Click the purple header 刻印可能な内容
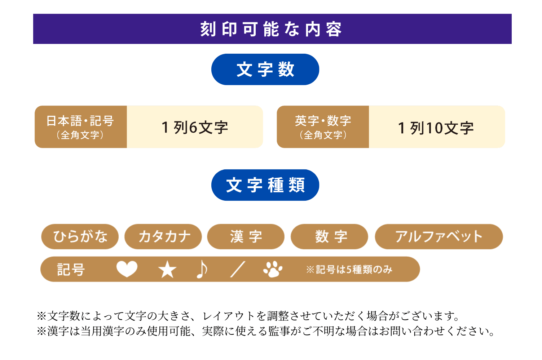click(x=272, y=29)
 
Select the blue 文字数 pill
click(x=265, y=70)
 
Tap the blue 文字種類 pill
click(x=265, y=185)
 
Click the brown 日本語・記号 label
click(x=80, y=127)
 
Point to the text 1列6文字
click(x=195, y=128)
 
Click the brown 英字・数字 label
click(x=323, y=127)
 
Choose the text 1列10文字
click(x=436, y=128)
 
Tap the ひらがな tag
click(x=80, y=236)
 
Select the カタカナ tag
click(x=163, y=236)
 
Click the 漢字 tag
click(x=246, y=236)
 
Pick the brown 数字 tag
click(x=329, y=236)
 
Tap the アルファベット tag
click(x=439, y=236)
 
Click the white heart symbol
click(x=127, y=269)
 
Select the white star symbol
click(x=167, y=269)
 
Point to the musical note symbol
click(x=202, y=269)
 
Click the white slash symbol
click(x=238, y=269)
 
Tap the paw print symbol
click(x=273, y=269)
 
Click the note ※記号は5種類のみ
click(x=349, y=269)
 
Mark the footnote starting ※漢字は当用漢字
click(x=265, y=331)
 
